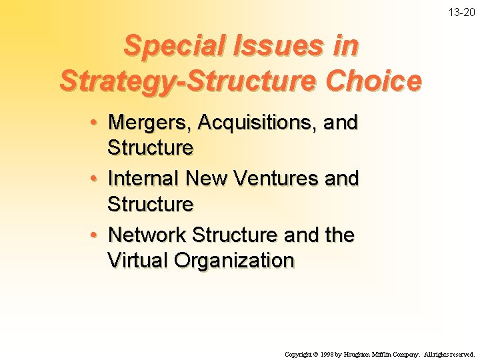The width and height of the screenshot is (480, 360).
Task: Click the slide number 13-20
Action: [x=463, y=13]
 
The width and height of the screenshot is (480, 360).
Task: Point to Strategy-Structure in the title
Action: [x=189, y=81]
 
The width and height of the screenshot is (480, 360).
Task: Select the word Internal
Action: [x=143, y=179]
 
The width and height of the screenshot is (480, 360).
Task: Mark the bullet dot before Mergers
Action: [x=96, y=123]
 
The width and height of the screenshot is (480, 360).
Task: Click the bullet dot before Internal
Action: [x=96, y=179]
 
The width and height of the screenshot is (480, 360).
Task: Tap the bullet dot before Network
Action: [x=96, y=235]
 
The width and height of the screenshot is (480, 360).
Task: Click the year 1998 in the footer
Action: [x=327, y=354]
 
